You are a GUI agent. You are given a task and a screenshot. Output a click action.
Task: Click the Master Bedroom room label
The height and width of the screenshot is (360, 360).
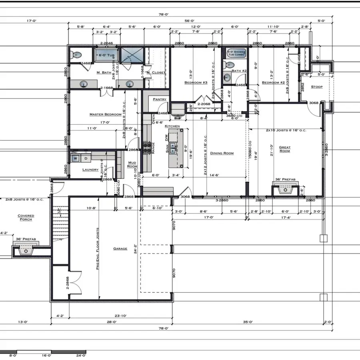coord(105,114)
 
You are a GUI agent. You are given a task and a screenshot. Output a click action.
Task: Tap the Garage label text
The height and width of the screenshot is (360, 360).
coord(120,249)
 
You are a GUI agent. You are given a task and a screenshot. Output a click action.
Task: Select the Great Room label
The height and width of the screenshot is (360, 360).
coord(285,149)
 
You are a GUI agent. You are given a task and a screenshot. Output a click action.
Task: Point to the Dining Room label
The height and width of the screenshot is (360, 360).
coord(222,153)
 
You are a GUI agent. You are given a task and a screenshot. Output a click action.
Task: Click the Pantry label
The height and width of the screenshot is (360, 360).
coord(154,99)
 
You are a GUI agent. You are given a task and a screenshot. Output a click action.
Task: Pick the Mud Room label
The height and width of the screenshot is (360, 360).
coord(132,164)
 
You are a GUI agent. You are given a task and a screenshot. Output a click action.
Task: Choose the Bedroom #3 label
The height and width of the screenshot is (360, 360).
coord(196,83)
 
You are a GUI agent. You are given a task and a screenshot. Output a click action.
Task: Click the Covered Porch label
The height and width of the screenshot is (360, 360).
coord(26,218)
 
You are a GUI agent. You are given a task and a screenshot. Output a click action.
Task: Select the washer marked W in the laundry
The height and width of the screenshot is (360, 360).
coord(75,158)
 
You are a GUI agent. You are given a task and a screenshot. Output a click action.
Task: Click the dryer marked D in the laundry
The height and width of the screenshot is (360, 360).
coord(85,158)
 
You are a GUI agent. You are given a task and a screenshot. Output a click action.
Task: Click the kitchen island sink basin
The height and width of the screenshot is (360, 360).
coord(173,148)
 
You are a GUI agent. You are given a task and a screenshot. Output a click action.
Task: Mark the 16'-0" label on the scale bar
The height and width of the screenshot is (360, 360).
coord(47,355)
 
